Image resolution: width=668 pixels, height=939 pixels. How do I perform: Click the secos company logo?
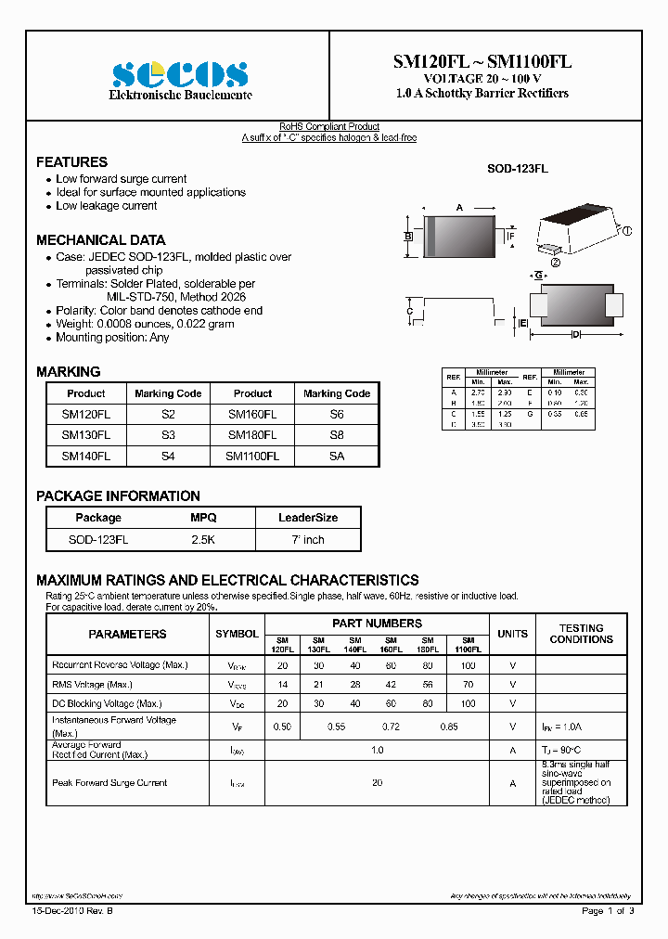coord(180,74)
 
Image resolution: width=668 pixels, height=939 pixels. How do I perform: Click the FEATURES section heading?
coord(71,161)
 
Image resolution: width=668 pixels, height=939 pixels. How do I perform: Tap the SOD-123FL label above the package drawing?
coord(518,169)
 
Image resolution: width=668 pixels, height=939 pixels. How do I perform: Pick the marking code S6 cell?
coord(337,415)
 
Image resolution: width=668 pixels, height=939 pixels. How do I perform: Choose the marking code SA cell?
coord(337,456)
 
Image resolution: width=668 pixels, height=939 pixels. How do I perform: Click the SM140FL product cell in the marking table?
coord(85,456)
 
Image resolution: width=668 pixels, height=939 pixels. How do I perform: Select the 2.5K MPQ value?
coord(203,539)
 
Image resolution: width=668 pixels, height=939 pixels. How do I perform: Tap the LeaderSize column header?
coord(308,518)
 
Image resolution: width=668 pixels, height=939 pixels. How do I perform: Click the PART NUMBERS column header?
coord(377,624)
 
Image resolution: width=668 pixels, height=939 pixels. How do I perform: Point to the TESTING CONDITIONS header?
coord(581,634)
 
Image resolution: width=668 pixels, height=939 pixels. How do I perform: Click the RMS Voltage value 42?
coord(391,684)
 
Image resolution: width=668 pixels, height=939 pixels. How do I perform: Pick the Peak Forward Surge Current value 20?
coord(377,783)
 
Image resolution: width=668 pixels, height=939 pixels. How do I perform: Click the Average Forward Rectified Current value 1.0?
coord(377,750)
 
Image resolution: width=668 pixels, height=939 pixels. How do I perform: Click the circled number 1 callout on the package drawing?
coord(626,231)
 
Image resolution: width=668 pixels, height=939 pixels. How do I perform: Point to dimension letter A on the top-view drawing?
coord(458,207)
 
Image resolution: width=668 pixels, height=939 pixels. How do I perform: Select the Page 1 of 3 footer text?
coord(608,911)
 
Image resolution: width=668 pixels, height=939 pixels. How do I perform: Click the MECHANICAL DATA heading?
coord(101,239)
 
